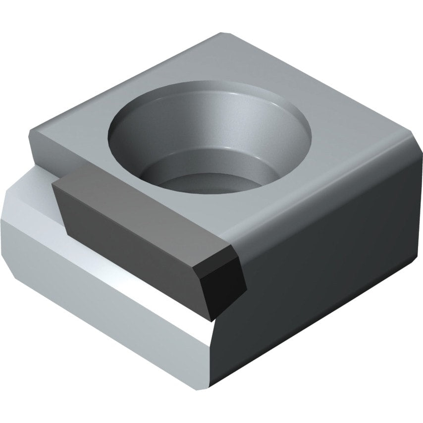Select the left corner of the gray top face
coord(31,130)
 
